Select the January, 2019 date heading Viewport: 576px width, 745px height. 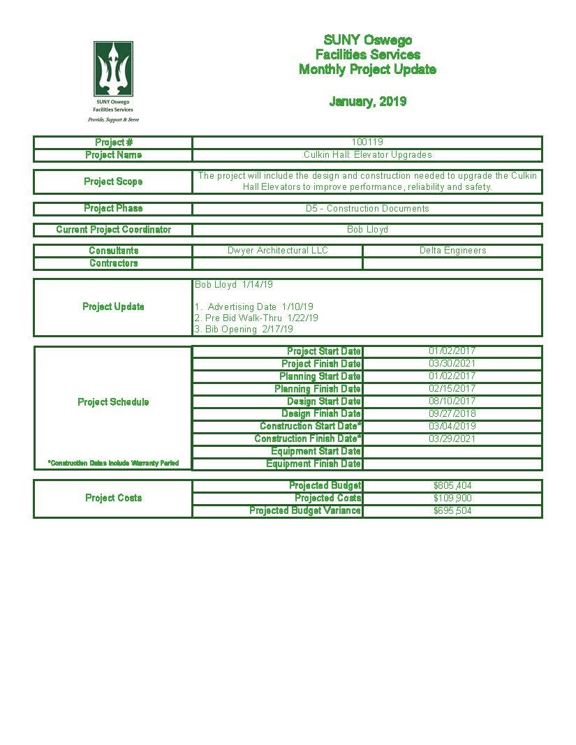tap(367, 102)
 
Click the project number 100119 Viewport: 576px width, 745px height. tap(367, 142)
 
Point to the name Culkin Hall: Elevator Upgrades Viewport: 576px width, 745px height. tap(367, 155)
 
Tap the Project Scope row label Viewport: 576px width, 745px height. tap(113, 182)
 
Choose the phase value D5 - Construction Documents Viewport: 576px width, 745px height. tap(367, 209)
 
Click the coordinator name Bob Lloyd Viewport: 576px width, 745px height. tap(367, 230)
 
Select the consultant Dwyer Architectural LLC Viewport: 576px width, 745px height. tap(277, 251)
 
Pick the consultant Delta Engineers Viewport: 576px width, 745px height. tap(452, 251)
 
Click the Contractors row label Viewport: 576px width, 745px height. tap(113, 263)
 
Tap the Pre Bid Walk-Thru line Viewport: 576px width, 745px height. tap(257, 318)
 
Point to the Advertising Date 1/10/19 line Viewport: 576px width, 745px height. tap(255, 307)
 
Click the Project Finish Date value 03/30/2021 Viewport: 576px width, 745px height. tap(452, 364)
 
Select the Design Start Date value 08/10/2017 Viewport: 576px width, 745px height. tap(452, 401)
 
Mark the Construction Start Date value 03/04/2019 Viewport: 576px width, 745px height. tap(452, 427)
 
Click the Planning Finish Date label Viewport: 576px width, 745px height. tap(318, 389)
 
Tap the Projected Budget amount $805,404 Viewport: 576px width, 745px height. tap(452, 486)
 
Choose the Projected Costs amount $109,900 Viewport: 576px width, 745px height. tap(452, 499)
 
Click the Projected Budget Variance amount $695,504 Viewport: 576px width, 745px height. tap(452, 511)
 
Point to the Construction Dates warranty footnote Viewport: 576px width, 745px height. tap(113, 464)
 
